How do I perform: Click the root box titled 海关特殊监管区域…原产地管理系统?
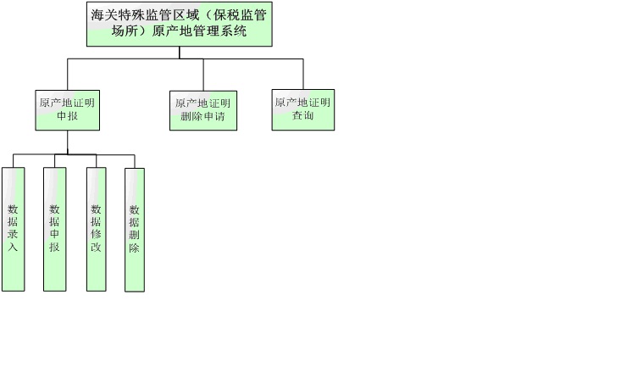pyautogui.click(x=180, y=24)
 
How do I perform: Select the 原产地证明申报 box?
pyautogui.click(x=67, y=109)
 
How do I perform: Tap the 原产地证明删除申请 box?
pyautogui.click(x=202, y=110)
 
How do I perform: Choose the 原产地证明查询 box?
pyautogui.click(x=302, y=109)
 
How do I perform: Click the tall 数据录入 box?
pyautogui.click(x=13, y=229)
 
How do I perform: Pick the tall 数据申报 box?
pyautogui.click(x=54, y=229)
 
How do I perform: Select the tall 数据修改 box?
pyautogui.click(x=96, y=229)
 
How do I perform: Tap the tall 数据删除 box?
pyautogui.click(x=134, y=230)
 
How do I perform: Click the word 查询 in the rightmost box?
pyautogui.click(x=303, y=116)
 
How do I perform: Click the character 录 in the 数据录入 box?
pyautogui.click(x=13, y=233)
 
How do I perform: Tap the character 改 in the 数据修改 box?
pyautogui.click(x=96, y=248)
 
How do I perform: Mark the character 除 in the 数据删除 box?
pyautogui.click(x=134, y=248)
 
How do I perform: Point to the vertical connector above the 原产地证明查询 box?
pyautogui.click(x=302, y=74)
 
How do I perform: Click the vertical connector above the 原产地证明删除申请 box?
pyautogui.click(x=202, y=75)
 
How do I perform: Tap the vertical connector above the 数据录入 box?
pyautogui.click(x=14, y=161)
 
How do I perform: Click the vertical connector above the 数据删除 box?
pyautogui.click(x=134, y=161)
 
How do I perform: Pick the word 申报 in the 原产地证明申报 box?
pyautogui.click(x=67, y=116)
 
